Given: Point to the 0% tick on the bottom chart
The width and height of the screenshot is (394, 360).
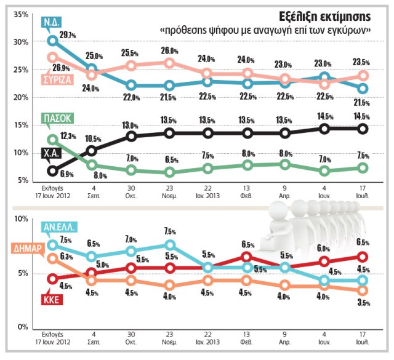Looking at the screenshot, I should click(22, 327).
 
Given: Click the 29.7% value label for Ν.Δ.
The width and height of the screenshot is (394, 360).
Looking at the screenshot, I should click(68, 36).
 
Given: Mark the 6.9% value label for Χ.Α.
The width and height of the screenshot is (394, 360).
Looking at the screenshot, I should click(67, 175).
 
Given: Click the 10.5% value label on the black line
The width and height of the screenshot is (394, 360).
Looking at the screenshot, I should click(92, 138).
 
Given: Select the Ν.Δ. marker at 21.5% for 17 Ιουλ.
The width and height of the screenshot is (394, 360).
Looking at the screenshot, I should click(363, 89).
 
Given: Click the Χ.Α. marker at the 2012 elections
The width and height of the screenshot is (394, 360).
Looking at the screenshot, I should click(52, 171).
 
